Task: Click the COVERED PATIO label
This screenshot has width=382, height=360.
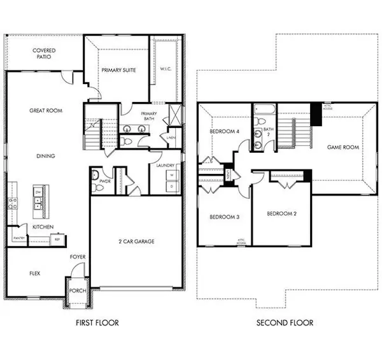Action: click(x=44, y=54)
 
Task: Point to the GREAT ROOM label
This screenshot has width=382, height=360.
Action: click(x=45, y=111)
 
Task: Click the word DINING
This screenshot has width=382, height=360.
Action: click(x=45, y=155)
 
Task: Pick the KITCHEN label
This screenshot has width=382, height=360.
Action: click(x=43, y=226)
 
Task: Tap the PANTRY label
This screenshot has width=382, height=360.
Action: click(x=18, y=238)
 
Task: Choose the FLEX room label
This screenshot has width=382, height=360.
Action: click(x=35, y=273)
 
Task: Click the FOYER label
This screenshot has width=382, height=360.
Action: click(x=78, y=257)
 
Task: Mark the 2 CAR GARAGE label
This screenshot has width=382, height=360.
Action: click(x=137, y=241)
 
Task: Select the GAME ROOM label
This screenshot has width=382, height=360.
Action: click(x=343, y=147)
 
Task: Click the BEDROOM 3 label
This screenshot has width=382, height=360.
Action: click(x=224, y=217)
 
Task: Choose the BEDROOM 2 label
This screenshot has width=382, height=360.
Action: click(x=281, y=213)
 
